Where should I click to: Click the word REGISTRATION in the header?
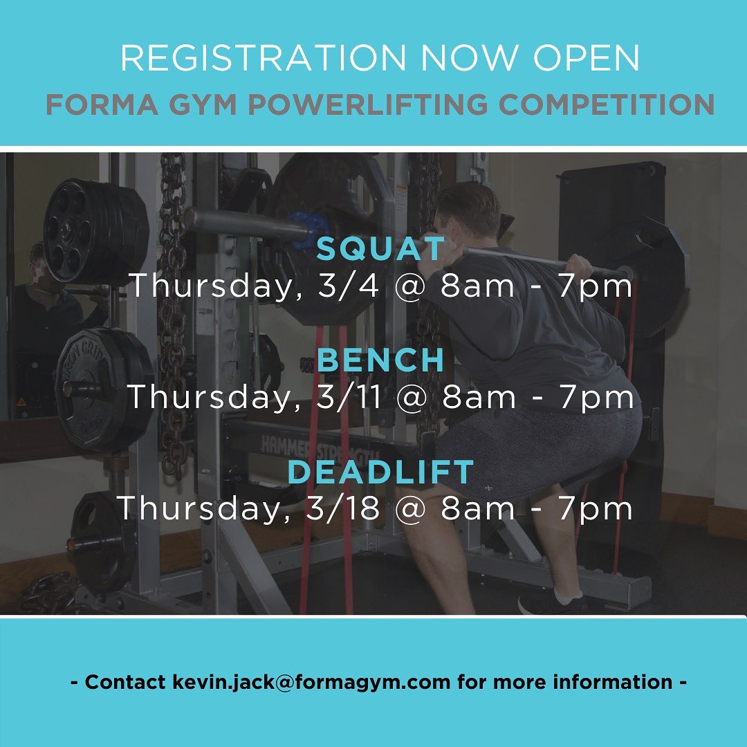[263, 58]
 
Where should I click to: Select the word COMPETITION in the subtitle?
[607, 104]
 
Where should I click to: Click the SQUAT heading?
[380, 248]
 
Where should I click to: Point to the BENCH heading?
[380, 360]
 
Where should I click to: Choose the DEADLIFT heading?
[380, 472]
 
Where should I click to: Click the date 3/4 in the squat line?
[348, 286]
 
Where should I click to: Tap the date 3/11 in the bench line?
[349, 397]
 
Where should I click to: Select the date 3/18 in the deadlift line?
[342, 508]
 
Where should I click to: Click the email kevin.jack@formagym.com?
[311, 682]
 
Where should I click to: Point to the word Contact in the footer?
[125, 682]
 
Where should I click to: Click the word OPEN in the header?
[586, 58]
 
